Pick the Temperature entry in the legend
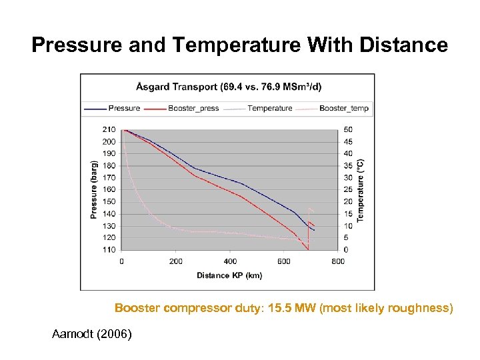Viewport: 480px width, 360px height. (269, 108)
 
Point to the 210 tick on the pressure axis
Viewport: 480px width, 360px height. (109, 129)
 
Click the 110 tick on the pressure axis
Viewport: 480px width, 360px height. (109, 250)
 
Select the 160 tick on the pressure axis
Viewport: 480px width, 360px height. (109, 189)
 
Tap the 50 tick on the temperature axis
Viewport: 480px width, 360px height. (347, 129)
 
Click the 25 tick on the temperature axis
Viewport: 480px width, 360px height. (347, 189)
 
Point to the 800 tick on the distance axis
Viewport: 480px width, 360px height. (338, 261)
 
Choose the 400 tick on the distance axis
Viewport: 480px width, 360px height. (230, 261)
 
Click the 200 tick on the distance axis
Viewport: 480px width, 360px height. (176, 261)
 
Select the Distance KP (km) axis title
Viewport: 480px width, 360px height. (229, 275)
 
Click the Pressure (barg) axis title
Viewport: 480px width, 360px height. (94, 189)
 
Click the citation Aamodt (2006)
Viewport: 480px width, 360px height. (92, 333)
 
